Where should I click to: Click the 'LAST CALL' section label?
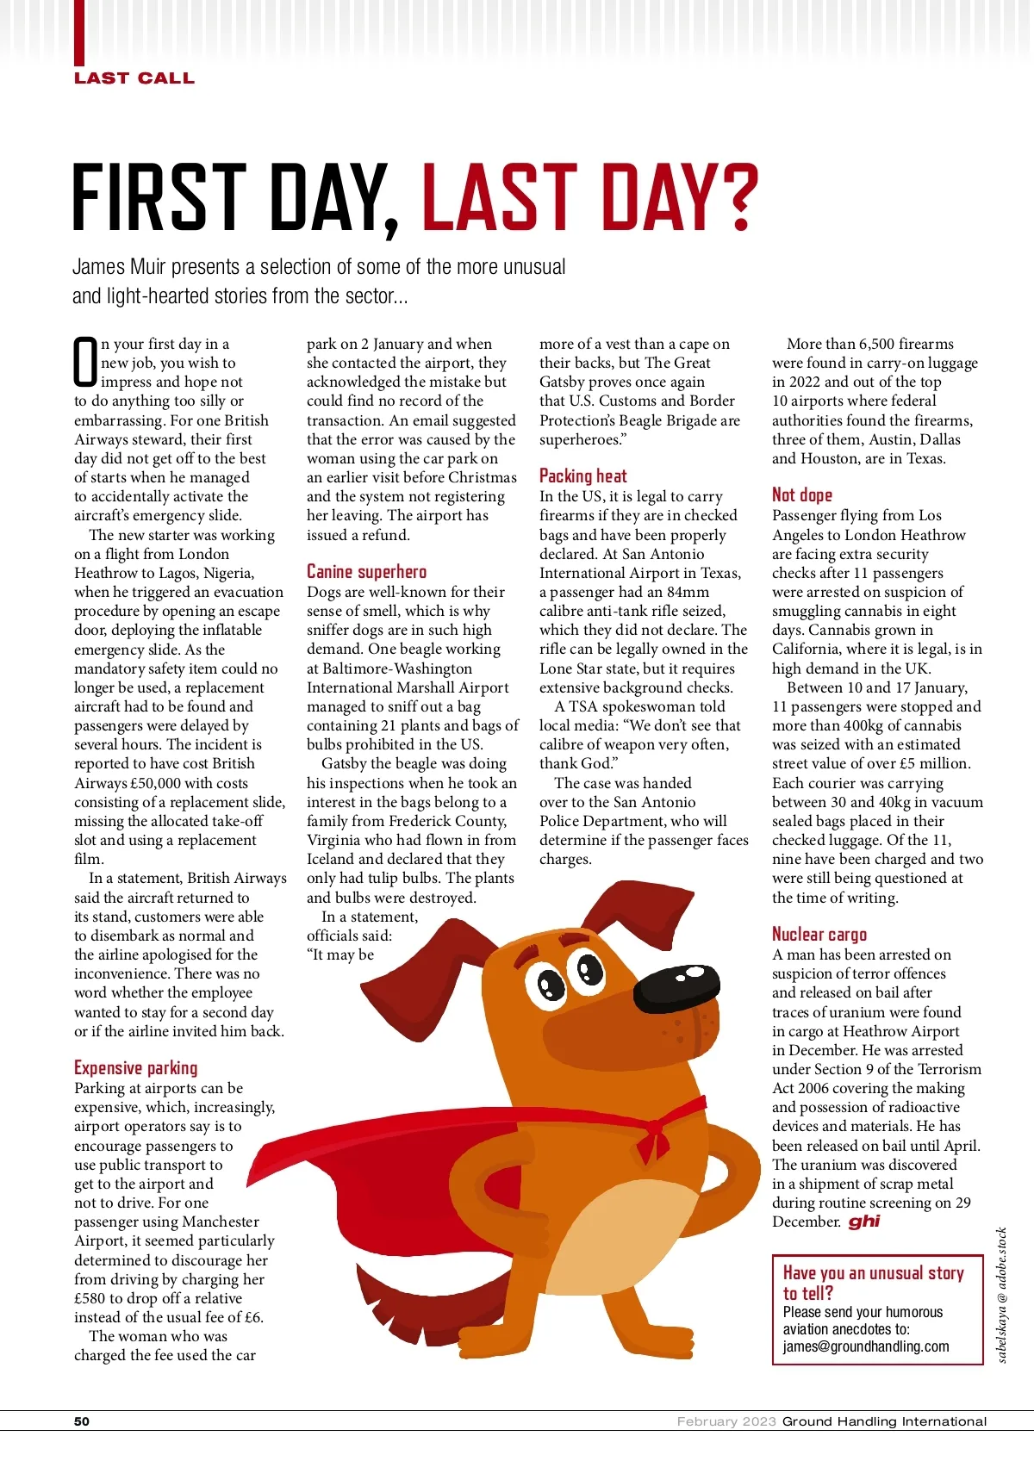click(134, 78)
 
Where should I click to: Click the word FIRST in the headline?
click(159, 198)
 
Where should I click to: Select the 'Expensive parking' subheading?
click(135, 1068)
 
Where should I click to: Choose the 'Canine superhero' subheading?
click(366, 572)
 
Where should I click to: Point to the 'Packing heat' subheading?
click(582, 476)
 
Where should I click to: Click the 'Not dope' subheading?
click(801, 495)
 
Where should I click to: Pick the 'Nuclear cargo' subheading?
click(819, 935)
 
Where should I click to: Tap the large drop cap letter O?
click(85, 362)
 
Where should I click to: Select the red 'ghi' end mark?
click(863, 1222)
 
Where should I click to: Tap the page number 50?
click(82, 1421)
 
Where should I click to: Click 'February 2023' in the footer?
click(726, 1421)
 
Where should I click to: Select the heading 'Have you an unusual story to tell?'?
click(872, 1283)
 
